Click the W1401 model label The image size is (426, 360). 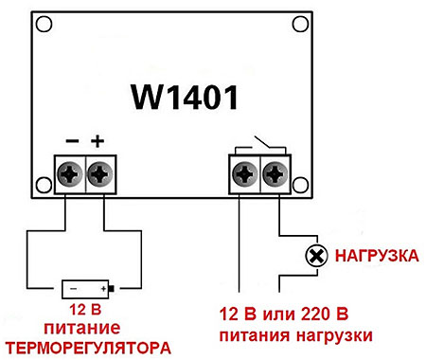click(x=185, y=98)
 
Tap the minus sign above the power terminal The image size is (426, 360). click(x=72, y=141)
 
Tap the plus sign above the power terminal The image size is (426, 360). click(x=98, y=141)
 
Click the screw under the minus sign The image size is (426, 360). click(x=70, y=174)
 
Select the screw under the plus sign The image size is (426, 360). click(x=100, y=174)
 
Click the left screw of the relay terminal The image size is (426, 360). click(x=245, y=174)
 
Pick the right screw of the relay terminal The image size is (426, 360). click(x=275, y=174)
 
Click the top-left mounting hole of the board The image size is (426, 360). click(x=44, y=25)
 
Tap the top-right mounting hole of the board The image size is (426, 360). click(x=300, y=25)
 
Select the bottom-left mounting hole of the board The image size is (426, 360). click(x=44, y=185)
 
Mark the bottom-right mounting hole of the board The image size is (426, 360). click(x=300, y=185)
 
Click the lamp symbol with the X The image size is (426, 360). click(x=316, y=256)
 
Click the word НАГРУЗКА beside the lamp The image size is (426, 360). click(x=377, y=256)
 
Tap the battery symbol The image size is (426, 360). click(x=88, y=289)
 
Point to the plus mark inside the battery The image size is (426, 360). click(x=103, y=289)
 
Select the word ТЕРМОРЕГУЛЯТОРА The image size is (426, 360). click(x=89, y=348)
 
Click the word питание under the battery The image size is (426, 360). click(x=82, y=329)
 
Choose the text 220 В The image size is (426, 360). click(x=325, y=315)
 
